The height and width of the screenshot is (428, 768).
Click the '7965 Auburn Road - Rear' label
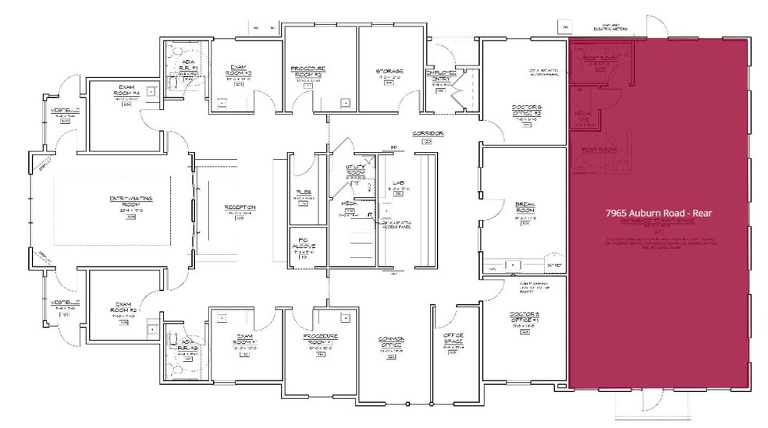[660, 212]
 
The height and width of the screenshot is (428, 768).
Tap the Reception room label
[240, 207]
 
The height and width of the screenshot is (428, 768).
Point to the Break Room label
[524, 207]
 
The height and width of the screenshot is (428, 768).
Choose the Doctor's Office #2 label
[526, 111]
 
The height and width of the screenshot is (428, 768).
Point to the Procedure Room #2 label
[308, 73]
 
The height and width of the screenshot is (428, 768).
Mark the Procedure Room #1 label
[320, 340]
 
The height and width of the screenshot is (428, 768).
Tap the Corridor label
[427, 134]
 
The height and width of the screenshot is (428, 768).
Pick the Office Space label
[453, 339]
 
